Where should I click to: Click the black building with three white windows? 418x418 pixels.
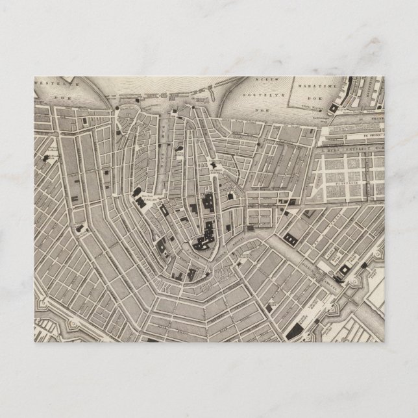coord(207,230)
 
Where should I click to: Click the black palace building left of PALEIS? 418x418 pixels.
coord(139,199)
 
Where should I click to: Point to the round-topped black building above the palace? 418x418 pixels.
coord(138,191)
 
